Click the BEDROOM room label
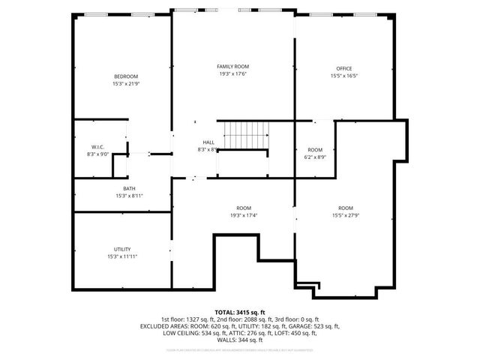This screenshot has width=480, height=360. pyautogui.click(x=126, y=76)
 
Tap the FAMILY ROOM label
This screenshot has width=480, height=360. pyautogui.click(x=232, y=67)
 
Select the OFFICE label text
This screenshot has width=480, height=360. pyautogui.click(x=344, y=69)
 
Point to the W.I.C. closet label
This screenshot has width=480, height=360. pyautogui.click(x=97, y=147)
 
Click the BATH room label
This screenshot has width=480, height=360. pyautogui.click(x=129, y=188)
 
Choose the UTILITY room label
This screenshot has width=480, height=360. pyautogui.click(x=122, y=249)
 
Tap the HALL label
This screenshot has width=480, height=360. pyautogui.click(x=208, y=142)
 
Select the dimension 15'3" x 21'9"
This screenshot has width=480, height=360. pyautogui.click(x=126, y=83)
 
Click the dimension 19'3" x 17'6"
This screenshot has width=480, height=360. pyautogui.click(x=232, y=73)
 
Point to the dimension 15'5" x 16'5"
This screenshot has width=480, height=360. pyautogui.click(x=344, y=76)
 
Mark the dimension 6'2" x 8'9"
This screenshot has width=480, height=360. pyautogui.click(x=315, y=157)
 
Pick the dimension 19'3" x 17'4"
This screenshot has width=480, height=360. pyautogui.click(x=244, y=215)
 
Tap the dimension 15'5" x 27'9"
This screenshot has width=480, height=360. pyautogui.click(x=345, y=215)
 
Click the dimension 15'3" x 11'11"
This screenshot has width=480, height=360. pyautogui.click(x=122, y=256)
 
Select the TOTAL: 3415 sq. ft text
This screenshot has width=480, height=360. pyautogui.click(x=240, y=311)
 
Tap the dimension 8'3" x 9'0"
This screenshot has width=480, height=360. pyautogui.click(x=97, y=154)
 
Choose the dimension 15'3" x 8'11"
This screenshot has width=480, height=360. pyautogui.click(x=129, y=195)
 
